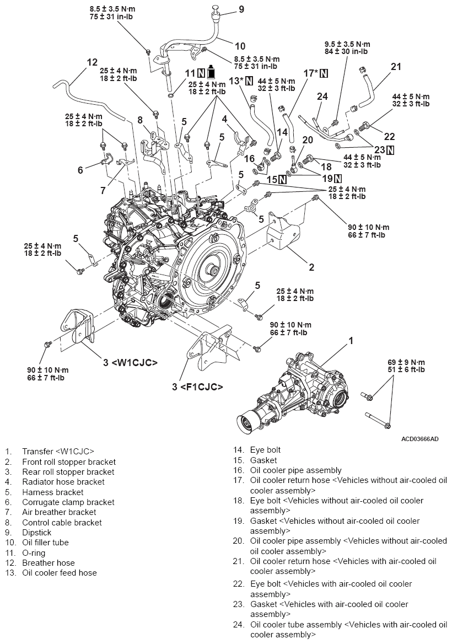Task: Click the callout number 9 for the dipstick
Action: click(x=241, y=9)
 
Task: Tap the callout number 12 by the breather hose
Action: click(x=92, y=62)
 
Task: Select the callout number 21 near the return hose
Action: click(x=396, y=67)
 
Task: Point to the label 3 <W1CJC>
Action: click(x=131, y=362)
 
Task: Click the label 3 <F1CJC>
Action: click(x=197, y=387)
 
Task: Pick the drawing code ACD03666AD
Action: click(x=420, y=439)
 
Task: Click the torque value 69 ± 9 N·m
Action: click(x=406, y=362)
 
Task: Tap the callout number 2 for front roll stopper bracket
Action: click(x=311, y=267)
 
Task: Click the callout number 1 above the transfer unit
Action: click(x=351, y=341)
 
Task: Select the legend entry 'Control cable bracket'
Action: click(x=62, y=523)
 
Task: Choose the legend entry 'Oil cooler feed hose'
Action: click(x=59, y=573)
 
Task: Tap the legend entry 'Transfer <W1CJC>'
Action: click(x=58, y=451)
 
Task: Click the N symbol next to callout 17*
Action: click(x=323, y=73)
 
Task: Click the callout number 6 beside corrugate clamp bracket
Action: click(x=80, y=170)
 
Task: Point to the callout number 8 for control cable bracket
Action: click(x=140, y=120)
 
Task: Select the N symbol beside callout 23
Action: click(x=390, y=149)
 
